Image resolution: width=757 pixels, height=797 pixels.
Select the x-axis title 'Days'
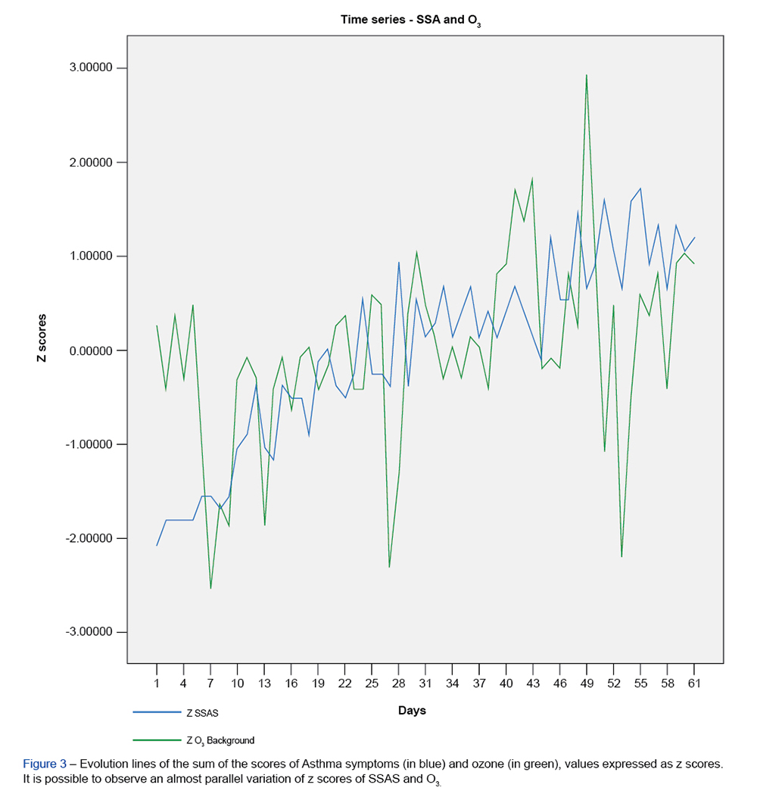pyautogui.click(x=412, y=710)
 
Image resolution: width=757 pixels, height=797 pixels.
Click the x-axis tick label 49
pyautogui.click(x=587, y=683)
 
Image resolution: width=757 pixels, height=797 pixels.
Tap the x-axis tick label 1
pyautogui.click(x=157, y=683)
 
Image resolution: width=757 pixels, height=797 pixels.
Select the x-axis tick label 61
pyautogui.click(x=694, y=683)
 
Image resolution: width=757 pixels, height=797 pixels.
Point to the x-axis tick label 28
pyautogui.click(x=398, y=683)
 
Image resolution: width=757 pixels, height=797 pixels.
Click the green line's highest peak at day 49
pyautogui.click(x=587, y=75)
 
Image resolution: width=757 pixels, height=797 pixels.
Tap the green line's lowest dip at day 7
pyautogui.click(x=210, y=588)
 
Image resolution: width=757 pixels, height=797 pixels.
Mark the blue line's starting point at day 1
pyautogui.click(x=157, y=546)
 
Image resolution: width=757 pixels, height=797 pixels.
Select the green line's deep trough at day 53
pyautogui.click(x=622, y=557)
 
